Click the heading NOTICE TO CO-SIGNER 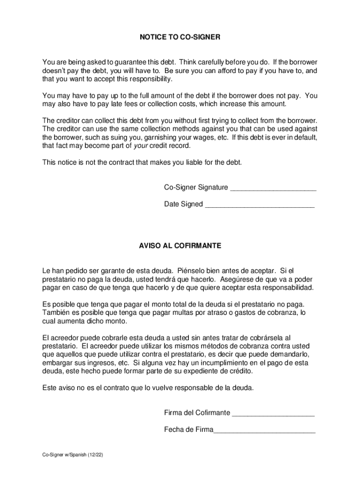[180, 37]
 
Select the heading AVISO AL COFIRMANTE [180, 246]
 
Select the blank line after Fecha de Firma [265, 430]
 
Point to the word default [305, 138]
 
